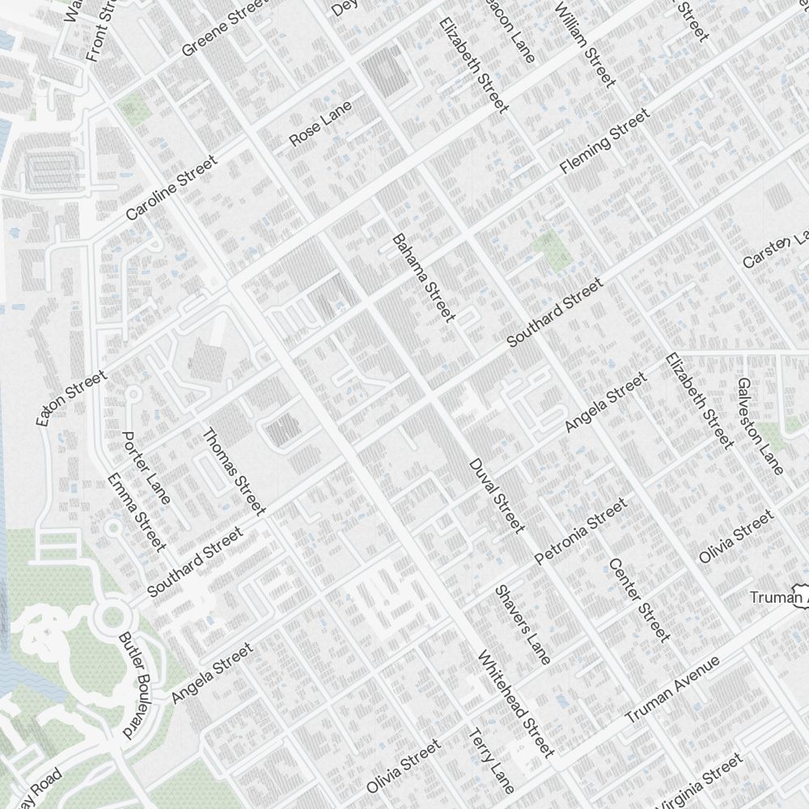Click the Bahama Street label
[423, 278]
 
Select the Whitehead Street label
[515, 704]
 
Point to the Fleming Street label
[605, 142]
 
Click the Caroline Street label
[172, 188]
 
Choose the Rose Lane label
[320, 124]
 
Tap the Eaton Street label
[71, 399]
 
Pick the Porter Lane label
[146, 468]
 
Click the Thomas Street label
[233, 472]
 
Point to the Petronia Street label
[580, 532]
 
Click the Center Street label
[639, 599]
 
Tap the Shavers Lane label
[523, 625]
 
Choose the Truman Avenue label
[672, 690]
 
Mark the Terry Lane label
[491, 760]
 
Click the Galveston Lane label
[760, 426]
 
